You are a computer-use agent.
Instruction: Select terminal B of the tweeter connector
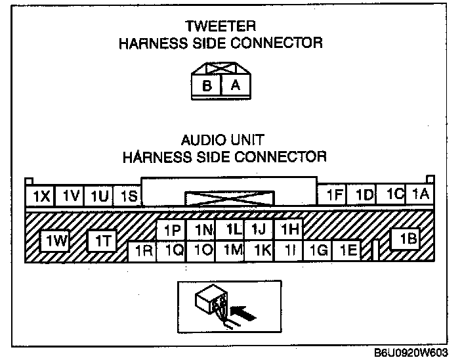(x=207, y=86)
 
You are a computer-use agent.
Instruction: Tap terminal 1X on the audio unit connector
(x=41, y=195)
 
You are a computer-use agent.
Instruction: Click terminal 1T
(x=102, y=242)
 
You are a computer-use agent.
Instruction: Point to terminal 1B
(x=408, y=240)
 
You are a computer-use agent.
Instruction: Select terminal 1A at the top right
(x=420, y=194)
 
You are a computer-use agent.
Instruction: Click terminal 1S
(x=129, y=195)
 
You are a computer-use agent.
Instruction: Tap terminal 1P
(x=172, y=230)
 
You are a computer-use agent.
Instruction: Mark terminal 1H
(x=289, y=229)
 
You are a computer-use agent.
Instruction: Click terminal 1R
(x=143, y=250)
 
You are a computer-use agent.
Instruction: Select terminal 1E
(x=348, y=250)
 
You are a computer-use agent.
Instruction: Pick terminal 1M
(x=231, y=250)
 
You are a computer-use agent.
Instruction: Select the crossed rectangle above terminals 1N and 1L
(x=229, y=198)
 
